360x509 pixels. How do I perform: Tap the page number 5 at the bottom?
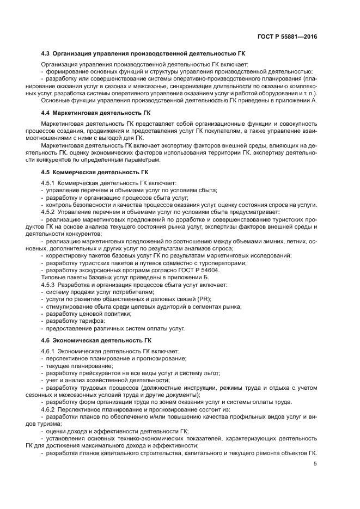click(x=315, y=464)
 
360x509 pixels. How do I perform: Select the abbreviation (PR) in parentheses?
click(x=205, y=299)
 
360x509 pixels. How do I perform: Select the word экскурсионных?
click(x=97, y=269)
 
